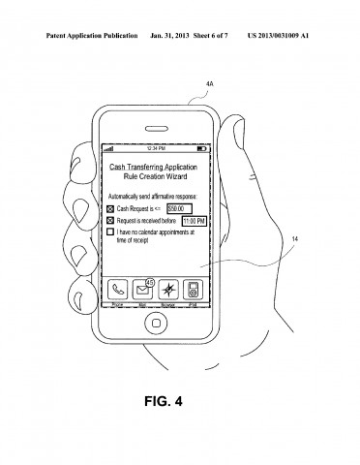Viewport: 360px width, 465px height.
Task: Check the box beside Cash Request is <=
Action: pos(110,208)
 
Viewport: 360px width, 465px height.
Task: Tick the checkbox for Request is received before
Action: pos(110,220)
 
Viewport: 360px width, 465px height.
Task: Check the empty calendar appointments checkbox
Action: pos(110,232)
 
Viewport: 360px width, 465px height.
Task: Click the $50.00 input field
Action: pos(179,207)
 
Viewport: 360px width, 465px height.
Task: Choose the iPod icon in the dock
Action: pos(193,288)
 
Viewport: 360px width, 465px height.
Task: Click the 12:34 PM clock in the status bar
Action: pos(156,149)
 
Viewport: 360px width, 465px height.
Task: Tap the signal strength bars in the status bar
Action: pos(108,149)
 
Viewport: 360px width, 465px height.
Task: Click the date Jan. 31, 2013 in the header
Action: pos(160,11)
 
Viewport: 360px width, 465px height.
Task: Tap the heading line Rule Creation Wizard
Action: pos(156,175)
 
